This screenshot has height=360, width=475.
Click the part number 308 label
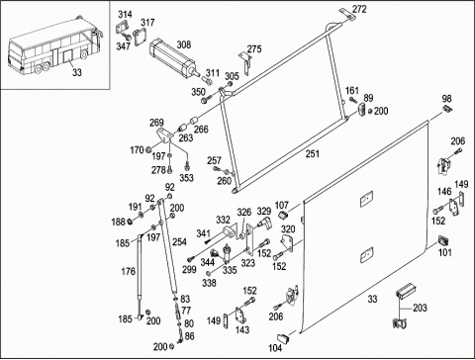[184, 45]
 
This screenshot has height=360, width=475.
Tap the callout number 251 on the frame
[313, 153]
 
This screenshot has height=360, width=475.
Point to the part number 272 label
[359, 9]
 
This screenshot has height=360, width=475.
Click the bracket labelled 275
[245, 63]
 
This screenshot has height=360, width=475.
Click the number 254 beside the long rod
[179, 241]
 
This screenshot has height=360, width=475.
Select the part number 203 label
[420, 308]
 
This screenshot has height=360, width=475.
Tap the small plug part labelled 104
[284, 338]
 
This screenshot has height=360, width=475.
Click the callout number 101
[444, 252]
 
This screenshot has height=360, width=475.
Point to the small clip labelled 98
[448, 109]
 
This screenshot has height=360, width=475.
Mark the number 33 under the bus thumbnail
[77, 72]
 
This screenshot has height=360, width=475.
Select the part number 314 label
[126, 14]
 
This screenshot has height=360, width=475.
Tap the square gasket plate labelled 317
[140, 36]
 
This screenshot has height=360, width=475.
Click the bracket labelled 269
[164, 135]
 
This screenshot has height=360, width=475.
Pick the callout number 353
[186, 178]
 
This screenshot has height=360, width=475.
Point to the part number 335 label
[230, 270]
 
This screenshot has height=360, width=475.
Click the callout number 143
[242, 329]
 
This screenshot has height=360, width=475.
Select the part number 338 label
[209, 283]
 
